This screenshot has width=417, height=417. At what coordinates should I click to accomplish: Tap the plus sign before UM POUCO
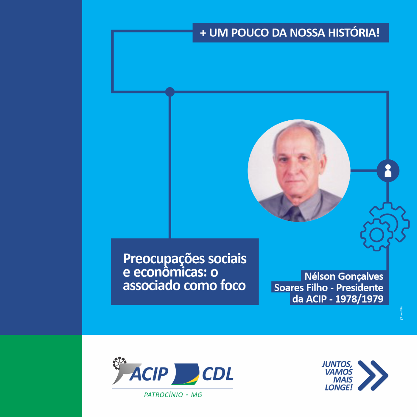click(x=203, y=33)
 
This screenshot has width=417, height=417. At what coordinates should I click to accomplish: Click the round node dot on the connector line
click(x=170, y=92)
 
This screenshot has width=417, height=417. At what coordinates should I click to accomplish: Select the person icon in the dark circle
click(x=388, y=171)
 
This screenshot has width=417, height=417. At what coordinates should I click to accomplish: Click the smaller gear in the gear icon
click(x=377, y=235)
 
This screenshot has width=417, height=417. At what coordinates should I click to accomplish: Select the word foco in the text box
click(x=233, y=285)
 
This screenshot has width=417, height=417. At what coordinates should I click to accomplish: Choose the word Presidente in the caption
click(x=360, y=288)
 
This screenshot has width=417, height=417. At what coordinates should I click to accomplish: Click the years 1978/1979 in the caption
click(x=359, y=299)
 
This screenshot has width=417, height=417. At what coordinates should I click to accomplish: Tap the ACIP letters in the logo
click(x=149, y=374)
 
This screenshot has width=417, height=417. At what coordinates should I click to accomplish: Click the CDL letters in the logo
click(x=218, y=374)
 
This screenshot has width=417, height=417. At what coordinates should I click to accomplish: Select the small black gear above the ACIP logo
click(x=119, y=363)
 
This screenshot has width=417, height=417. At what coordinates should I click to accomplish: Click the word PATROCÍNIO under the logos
click(x=163, y=395)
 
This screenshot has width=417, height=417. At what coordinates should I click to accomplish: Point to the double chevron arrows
click(x=373, y=375)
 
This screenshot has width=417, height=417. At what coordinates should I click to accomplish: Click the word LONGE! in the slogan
click(x=339, y=388)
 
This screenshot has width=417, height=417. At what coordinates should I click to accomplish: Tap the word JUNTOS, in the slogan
click(x=337, y=364)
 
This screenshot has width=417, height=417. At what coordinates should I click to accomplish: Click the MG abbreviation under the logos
click(x=197, y=395)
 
